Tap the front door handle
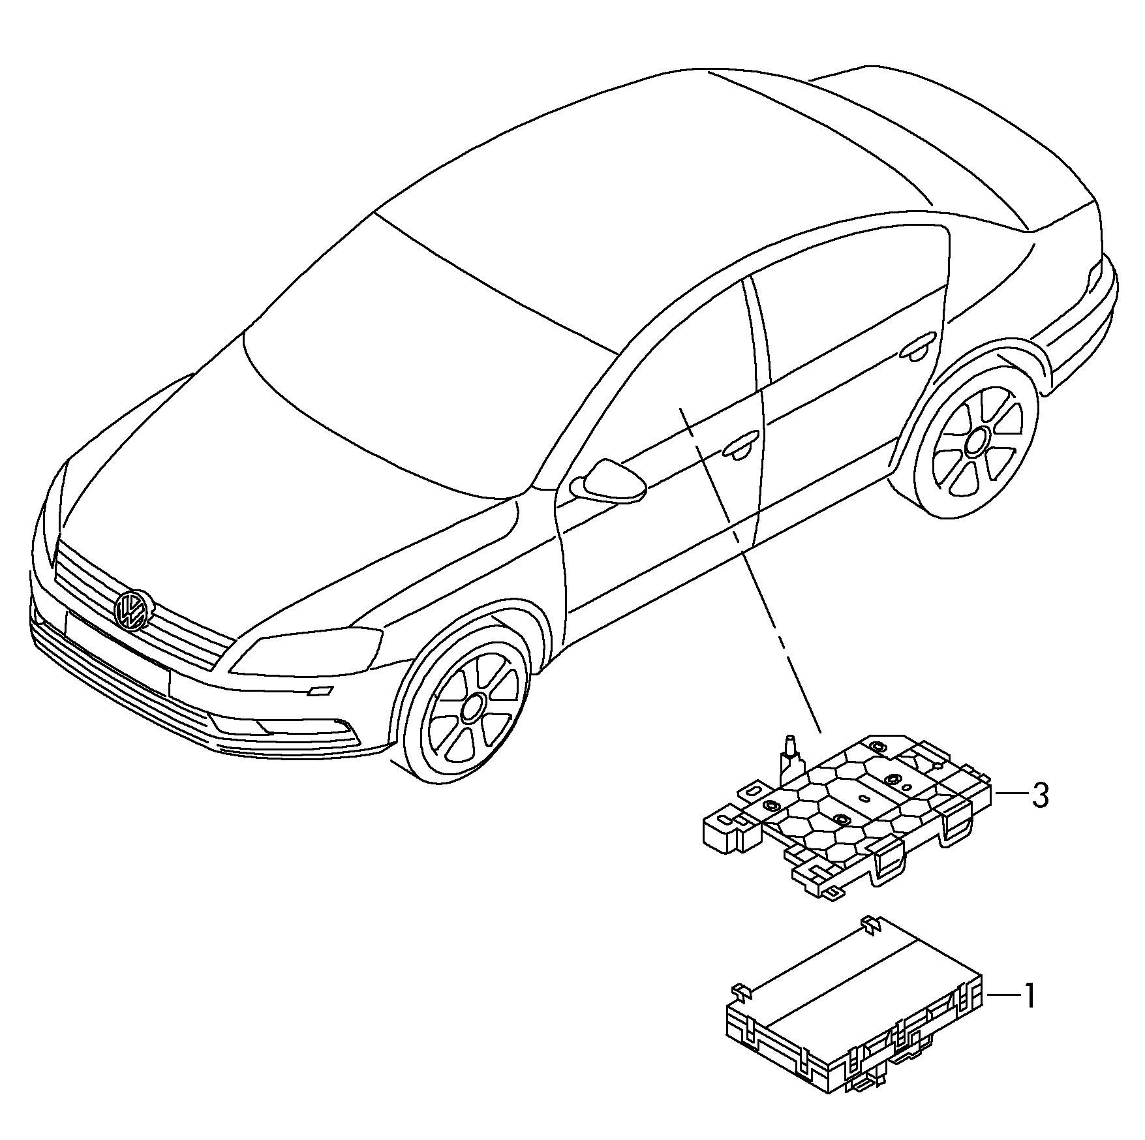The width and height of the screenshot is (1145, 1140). (740, 446)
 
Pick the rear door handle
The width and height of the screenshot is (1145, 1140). (919, 346)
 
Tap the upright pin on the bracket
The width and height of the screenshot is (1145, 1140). (790, 757)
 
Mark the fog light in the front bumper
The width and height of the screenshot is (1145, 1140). (287, 729)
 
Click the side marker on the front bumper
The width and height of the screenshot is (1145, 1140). (321, 691)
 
